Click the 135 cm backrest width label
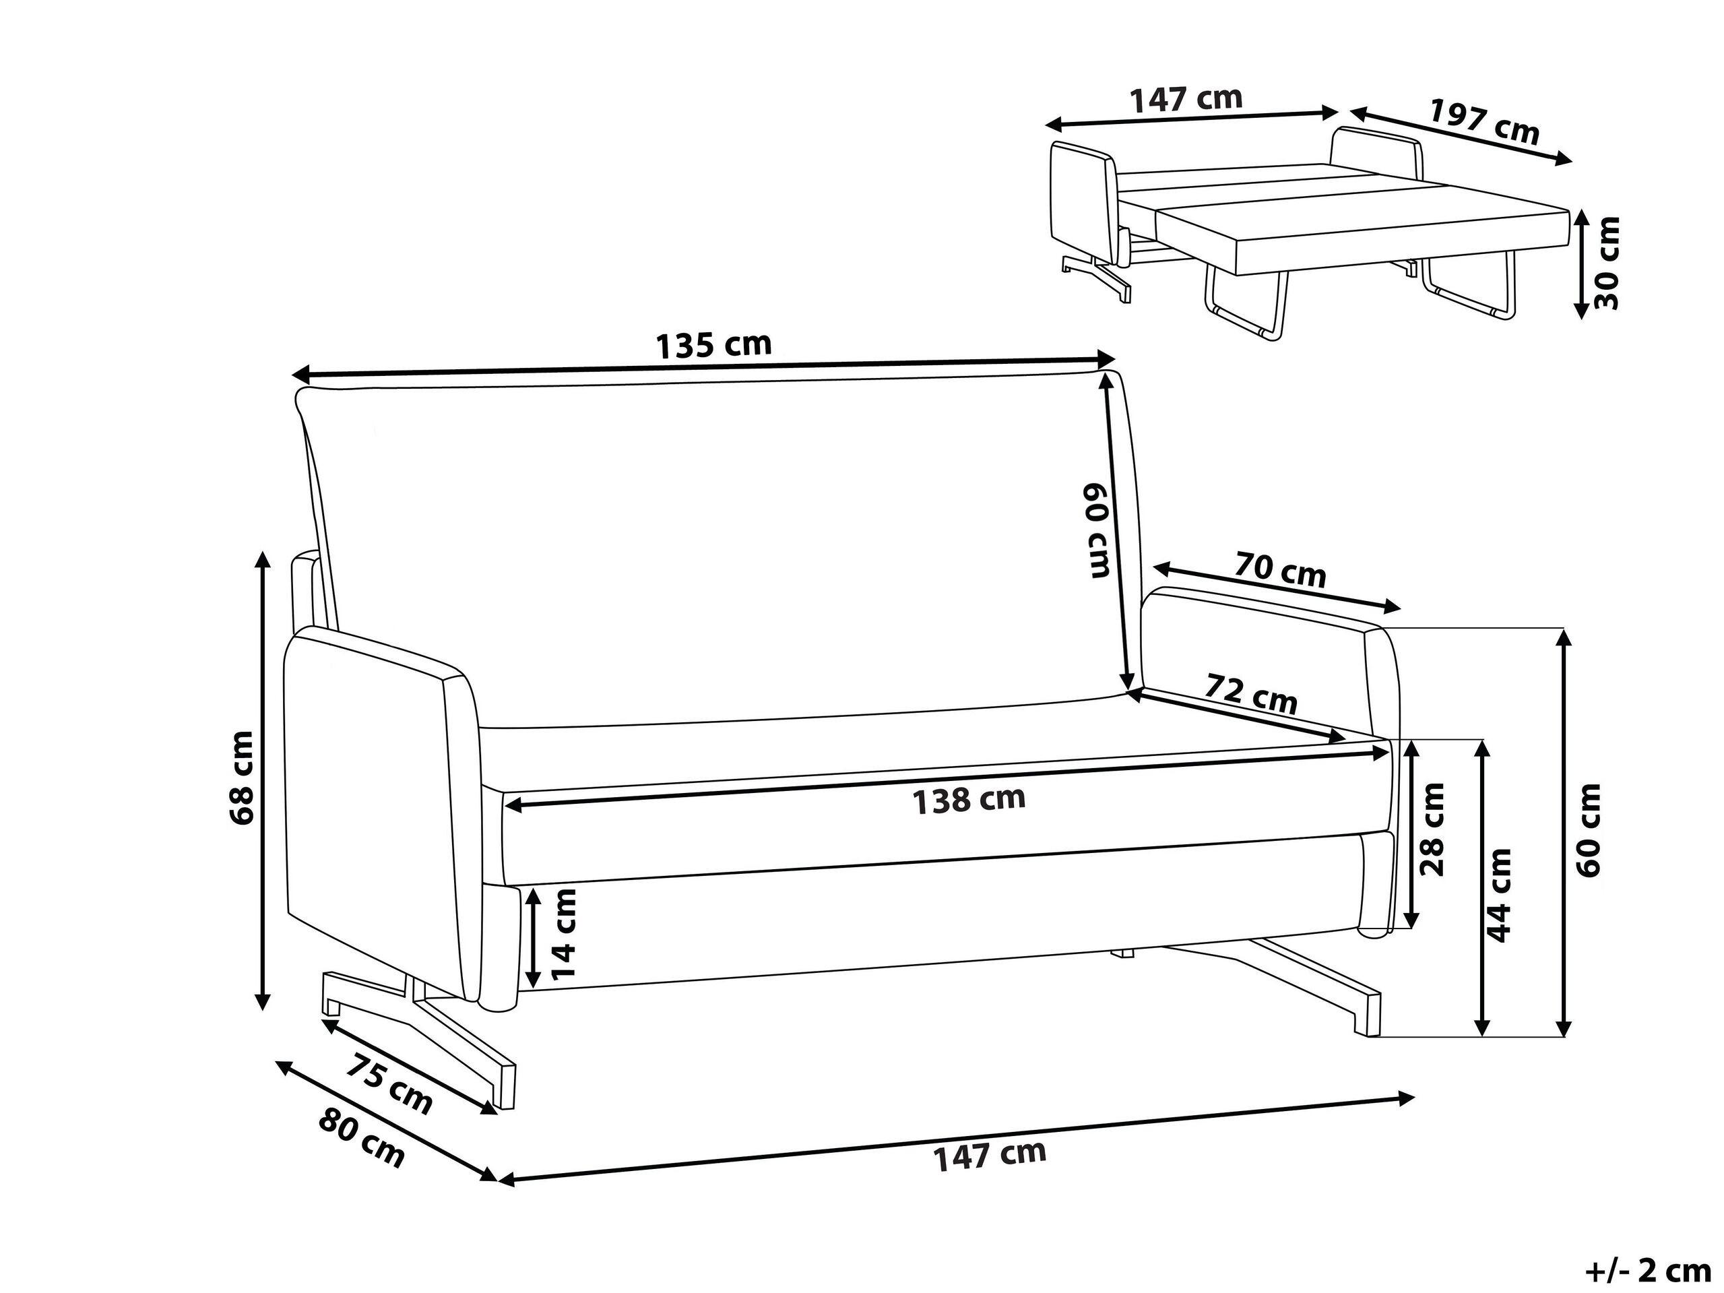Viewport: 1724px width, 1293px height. pos(714,344)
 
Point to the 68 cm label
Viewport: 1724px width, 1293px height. pos(242,777)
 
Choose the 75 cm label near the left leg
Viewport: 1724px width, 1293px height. pos(388,1083)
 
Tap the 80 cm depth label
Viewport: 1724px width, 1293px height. pos(362,1137)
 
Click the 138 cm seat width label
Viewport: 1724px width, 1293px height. pos(969,800)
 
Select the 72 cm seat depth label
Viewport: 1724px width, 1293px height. pos(1251,692)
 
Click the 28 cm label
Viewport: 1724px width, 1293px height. pos(1432,829)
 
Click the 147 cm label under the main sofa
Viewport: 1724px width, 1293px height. pos(990,1154)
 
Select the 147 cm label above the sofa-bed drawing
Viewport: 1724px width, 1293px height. pos(1186,99)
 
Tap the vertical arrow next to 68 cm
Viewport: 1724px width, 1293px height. pos(263,780)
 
